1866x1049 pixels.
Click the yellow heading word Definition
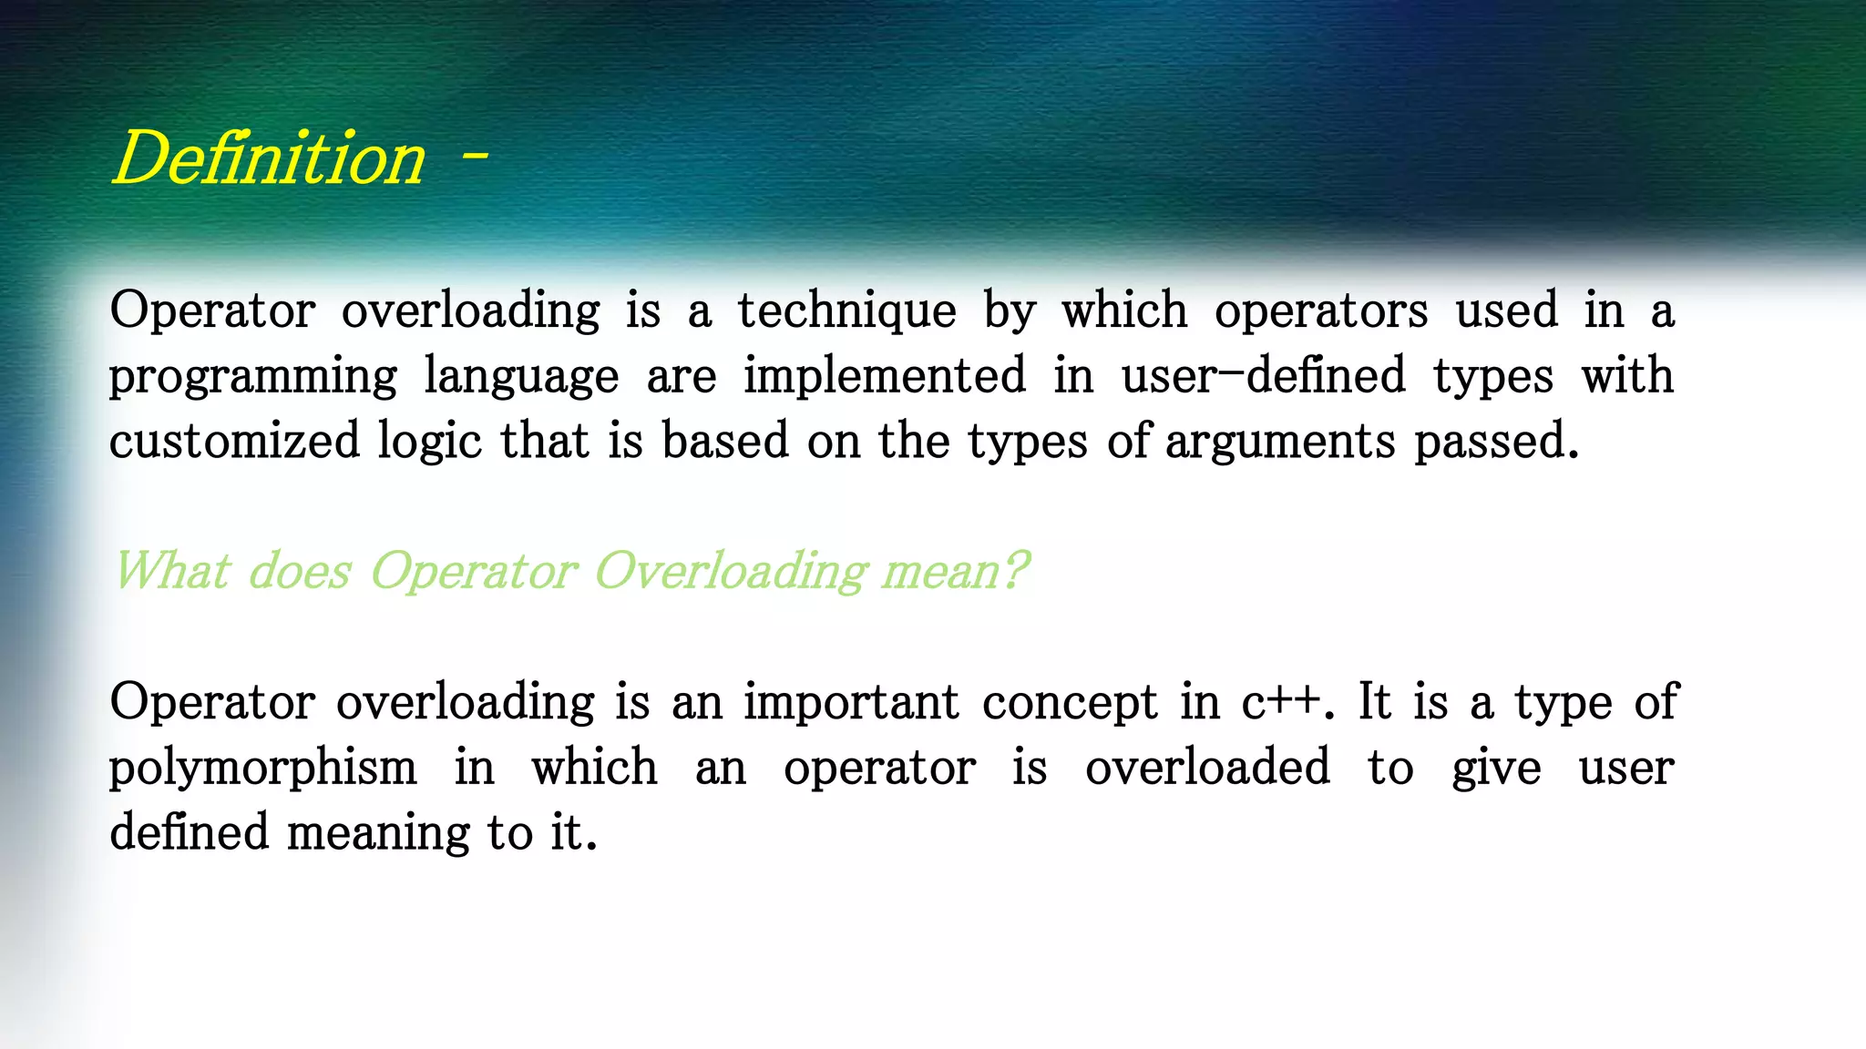pyautogui.click(x=269, y=158)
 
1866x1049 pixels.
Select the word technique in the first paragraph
pyautogui.click(x=846, y=311)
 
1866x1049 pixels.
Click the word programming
pyautogui.click(x=253, y=377)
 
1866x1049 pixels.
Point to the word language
pyautogui.click(x=521, y=377)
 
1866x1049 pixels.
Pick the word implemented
pyautogui.click(x=885, y=375)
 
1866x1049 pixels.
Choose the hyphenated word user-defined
pyautogui.click(x=1263, y=375)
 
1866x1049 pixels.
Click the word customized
pyautogui.click(x=235, y=442)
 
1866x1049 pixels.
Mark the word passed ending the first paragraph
pyautogui.click(x=1495, y=442)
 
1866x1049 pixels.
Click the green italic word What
pyautogui.click(x=172, y=572)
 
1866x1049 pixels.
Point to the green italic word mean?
pyautogui.click(x=955, y=572)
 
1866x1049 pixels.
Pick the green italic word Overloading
pyautogui.click(x=731, y=573)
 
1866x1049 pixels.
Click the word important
pyautogui.click(x=851, y=702)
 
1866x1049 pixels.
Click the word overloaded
pyautogui.click(x=1207, y=768)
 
